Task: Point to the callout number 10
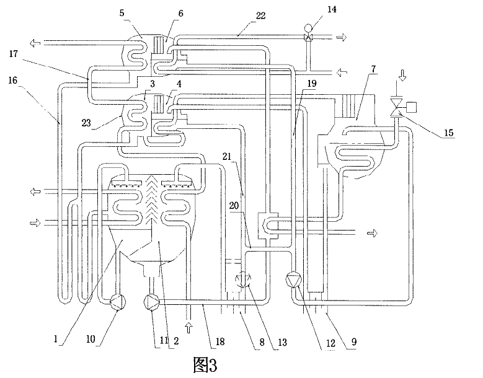tap(91, 340)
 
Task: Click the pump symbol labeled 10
tap(117, 302)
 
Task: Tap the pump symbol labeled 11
tap(153, 302)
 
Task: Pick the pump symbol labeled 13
tap(243, 281)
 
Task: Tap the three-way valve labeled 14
tap(306, 37)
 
